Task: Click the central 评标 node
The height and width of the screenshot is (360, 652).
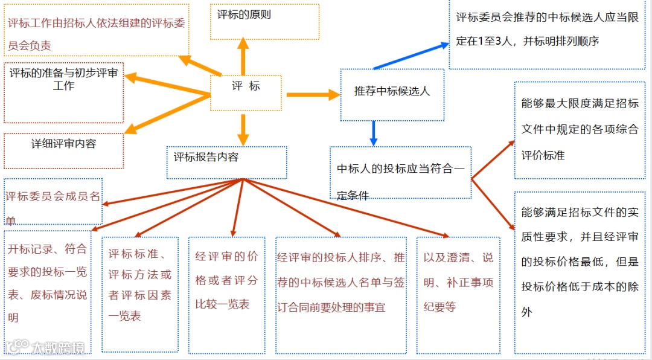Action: (x=246, y=92)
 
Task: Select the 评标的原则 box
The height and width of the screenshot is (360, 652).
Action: (x=264, y=22)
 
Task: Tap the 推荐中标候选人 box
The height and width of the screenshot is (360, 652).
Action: (x=392, y=94)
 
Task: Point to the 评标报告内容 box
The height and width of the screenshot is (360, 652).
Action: (x=226, y=162)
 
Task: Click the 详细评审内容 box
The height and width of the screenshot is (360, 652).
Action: (x=63, y=150)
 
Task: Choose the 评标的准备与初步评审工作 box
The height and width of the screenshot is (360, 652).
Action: (x=63, y=92)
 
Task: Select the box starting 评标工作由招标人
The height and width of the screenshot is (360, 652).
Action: (x=96, y=30)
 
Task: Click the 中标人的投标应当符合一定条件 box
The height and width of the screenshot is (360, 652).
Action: (x=400, y=173)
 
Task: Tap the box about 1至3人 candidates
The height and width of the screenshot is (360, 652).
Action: (x=548, y=34)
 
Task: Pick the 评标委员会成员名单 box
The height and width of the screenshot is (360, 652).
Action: (x=53, y=201)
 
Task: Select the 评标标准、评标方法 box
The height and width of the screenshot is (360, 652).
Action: (x=140, y=294)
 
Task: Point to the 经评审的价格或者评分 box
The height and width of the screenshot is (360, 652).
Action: (x=226, y=294)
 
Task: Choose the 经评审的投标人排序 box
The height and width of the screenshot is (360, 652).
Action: (x=341, y=294)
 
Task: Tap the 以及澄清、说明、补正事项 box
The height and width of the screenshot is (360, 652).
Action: (x=458, y=294)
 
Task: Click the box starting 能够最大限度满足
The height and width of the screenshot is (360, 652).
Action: (x=580, y=130)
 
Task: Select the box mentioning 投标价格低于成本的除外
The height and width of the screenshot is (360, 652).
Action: (x=580, y=272)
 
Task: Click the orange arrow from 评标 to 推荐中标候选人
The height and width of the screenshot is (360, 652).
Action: (x=312, y=94)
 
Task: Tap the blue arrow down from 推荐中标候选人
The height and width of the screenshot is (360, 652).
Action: (x=374, y=133)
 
